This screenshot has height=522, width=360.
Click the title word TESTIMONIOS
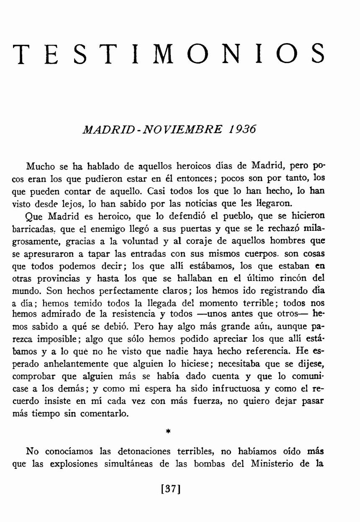169,54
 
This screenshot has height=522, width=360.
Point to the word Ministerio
270,464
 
